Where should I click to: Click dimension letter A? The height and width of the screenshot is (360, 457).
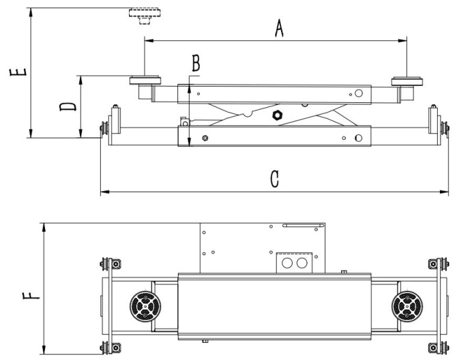278,29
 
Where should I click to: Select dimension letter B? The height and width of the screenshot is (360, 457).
196,63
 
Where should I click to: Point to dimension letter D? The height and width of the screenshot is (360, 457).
67,107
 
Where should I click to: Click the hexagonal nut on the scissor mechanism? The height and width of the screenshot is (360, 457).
277,115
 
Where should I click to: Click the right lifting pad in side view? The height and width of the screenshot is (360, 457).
408,82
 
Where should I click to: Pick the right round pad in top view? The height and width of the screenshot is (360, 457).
408,305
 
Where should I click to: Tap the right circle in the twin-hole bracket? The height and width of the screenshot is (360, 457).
301,262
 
